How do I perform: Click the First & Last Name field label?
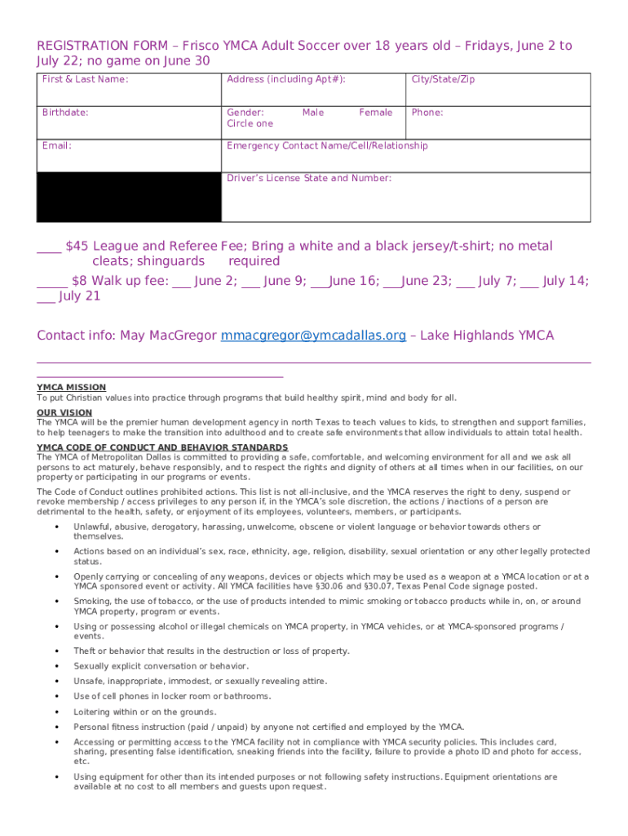click(85, 79)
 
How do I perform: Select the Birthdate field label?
click(65, 113)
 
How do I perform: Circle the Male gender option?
click(312, 113)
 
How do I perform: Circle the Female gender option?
click(375, 113)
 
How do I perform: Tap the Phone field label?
click(427, 113)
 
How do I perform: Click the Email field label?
click(57, 146)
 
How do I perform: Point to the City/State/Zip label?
click(443, 79)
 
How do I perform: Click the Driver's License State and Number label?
click(308, 178)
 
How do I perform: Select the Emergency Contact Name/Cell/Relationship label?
click(326, 146)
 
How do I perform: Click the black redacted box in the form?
click(128, 197)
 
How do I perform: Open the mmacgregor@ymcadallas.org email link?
click(313, 336)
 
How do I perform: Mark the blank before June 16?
click(321, 282)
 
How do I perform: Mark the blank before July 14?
click(528, 282)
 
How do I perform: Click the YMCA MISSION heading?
click(71, 388)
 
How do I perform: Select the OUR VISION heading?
click(64, 413)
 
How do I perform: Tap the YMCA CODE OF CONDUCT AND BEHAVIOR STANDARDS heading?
click(162, 447)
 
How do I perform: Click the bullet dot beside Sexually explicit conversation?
click(56, 666)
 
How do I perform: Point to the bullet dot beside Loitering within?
click(56, 712)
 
